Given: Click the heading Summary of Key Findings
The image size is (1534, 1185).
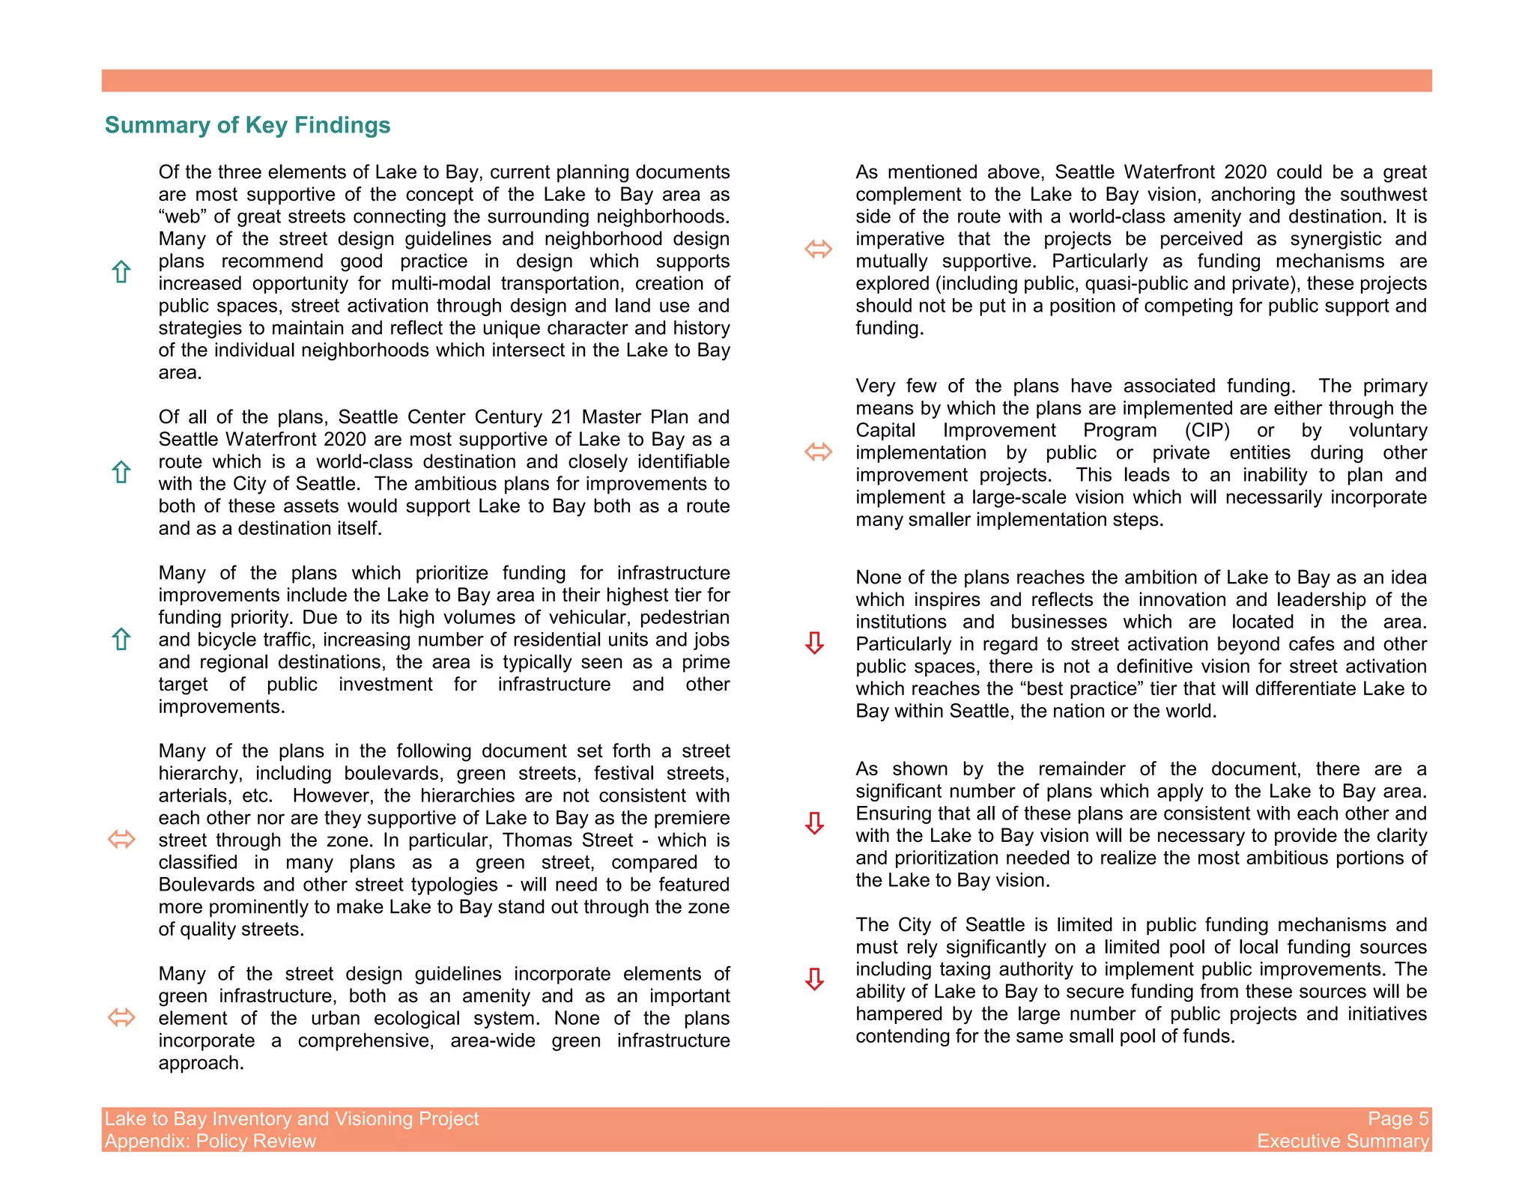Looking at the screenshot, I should [x=247, y=125].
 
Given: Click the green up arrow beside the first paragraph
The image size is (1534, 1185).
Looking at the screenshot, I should [x=121, y=272].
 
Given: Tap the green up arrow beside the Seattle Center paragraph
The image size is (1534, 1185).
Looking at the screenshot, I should [x=121, y=472].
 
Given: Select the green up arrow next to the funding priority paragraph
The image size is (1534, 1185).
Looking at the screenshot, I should [x=121, y=639].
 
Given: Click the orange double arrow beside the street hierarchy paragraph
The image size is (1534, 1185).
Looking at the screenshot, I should [x=121, y=839].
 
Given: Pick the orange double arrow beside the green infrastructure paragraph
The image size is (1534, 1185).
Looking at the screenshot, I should [x=121, y=1017].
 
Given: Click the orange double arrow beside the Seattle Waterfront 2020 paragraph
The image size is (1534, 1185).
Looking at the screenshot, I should [x=818, y=249].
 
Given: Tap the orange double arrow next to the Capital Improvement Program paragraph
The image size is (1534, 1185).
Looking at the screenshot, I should [x=818, y=452].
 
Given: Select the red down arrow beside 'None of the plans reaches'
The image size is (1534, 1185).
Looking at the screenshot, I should [x=814, y=643].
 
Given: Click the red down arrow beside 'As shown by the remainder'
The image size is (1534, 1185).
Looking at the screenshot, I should [x=814, y=823].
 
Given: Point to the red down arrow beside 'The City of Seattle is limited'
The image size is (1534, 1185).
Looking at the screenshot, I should [x=814, y=979].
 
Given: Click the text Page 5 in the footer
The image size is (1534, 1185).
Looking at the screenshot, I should [x=1398, y=1118].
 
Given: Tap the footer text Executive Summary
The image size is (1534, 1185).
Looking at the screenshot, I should [x=1342, y=1141].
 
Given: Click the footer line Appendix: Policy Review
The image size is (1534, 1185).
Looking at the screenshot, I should [x=210, y=1141].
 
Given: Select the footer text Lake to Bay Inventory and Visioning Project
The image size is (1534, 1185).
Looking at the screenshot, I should [x=291, y=1118].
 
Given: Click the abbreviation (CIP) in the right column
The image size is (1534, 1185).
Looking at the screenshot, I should [x=1207, y=431].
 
